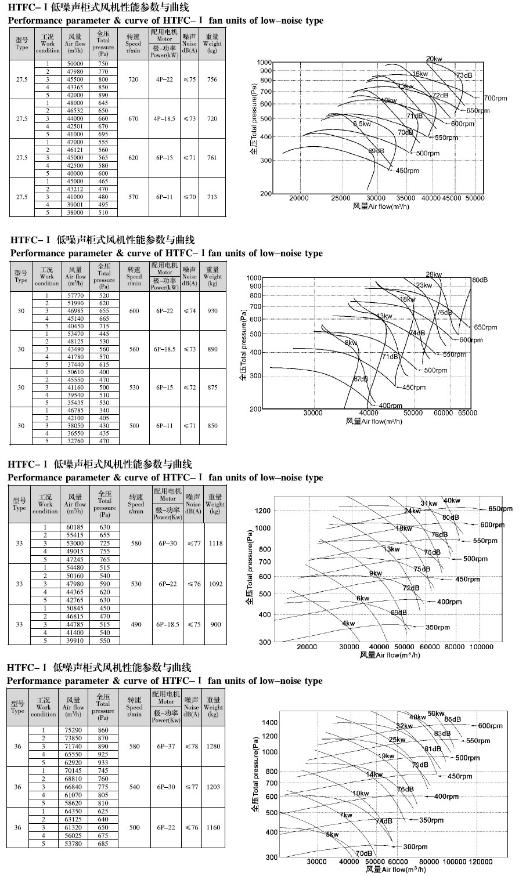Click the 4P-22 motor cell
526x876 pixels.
click(x=165, y=79)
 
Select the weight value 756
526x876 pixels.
click(x=212, y=79)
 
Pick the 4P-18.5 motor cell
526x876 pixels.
click(x=165, y=118)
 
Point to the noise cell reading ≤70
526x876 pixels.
click(x=189, y=197)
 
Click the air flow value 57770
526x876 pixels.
click(x=75, y=295)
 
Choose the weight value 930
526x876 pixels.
click(x=212, y=311)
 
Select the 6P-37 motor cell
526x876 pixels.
click(x=167, y=747)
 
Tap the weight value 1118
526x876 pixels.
click(x=215, y=544)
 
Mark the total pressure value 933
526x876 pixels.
click(x=103, y=762)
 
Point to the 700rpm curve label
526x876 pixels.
click(x=495, y=98)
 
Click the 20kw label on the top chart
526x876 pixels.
click(x=434, y=59)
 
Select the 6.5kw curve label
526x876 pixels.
click(x=362, y=124)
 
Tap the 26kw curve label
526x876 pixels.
click(x=434, y=274)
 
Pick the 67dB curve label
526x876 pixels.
click(x=361, y=379)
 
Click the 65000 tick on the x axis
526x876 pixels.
click(x=467, y=413)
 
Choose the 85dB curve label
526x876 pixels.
click(x=453, y=719)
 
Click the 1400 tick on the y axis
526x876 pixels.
click(x=271, y=723)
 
